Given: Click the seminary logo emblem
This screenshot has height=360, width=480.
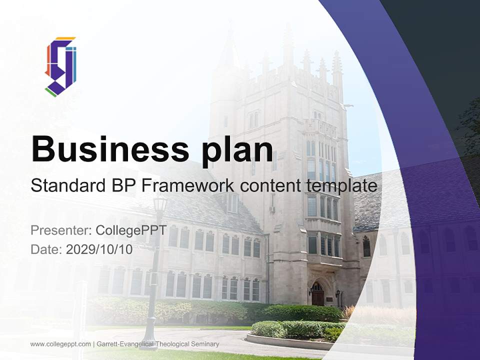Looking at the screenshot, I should tap(60, 66).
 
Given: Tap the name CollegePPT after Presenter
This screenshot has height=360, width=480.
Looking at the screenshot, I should tap(131, 230).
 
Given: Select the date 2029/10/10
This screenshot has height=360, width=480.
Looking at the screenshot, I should tap(99, 249).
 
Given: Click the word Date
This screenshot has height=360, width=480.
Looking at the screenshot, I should tap(45, 249).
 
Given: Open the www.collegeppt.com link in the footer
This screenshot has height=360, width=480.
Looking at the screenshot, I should tap(60, 344).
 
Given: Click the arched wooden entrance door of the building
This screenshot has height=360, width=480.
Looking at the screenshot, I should tap(317, 294).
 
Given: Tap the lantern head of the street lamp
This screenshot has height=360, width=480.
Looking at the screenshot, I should tap(160, 203).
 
